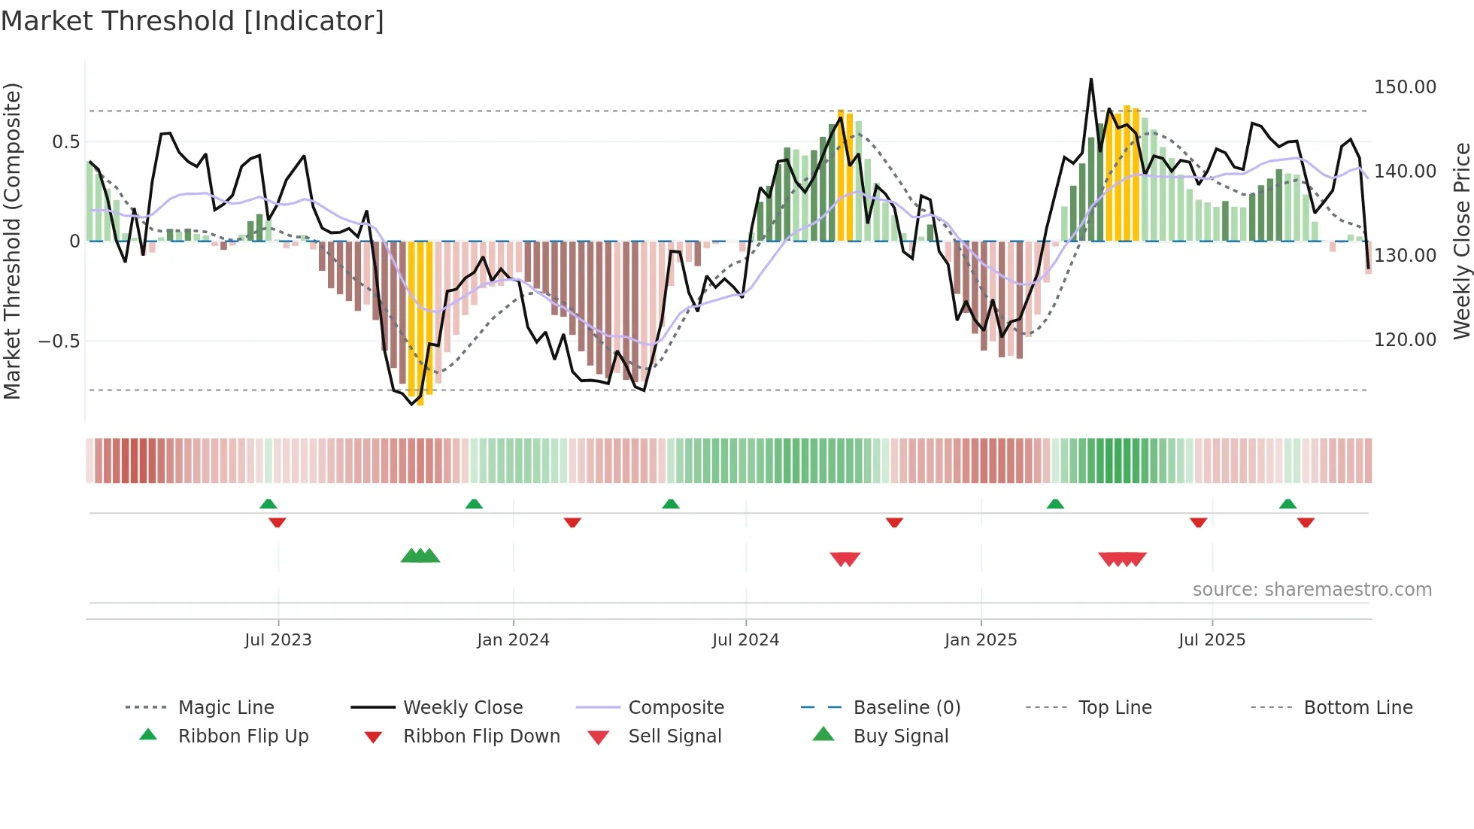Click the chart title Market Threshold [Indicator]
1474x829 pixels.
coord(193,21)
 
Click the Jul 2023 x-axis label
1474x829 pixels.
coord(278,640)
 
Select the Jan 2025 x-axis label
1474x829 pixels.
coord(981,640)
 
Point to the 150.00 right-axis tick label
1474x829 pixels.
coord(1405,87)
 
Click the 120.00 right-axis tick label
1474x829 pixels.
coord(1405,340)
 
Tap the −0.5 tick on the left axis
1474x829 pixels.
coord(59,342)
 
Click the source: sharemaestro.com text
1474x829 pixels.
coord(1312,590)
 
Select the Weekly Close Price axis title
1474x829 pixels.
coord(1461,241)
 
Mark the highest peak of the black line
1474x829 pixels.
coord(1090,80)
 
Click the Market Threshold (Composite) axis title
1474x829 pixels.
coord(12,241)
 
